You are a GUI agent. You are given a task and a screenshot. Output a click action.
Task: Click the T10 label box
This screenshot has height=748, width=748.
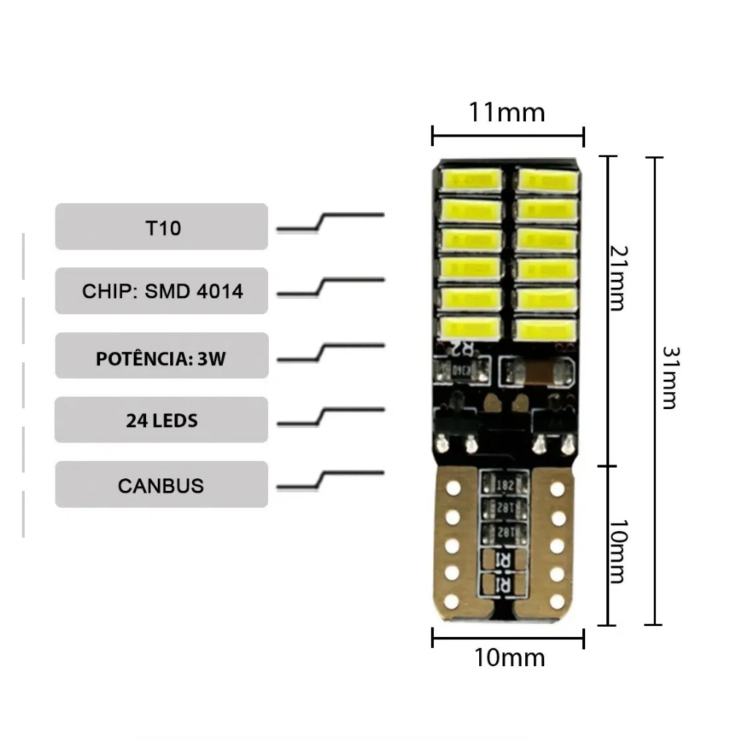point(161,227)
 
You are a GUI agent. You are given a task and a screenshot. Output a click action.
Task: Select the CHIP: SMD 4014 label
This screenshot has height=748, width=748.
point(161,291)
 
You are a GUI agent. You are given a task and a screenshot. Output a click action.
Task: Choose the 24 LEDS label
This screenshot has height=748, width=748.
point(161,421)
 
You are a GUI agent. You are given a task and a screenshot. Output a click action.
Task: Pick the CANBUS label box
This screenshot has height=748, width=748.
point(161,485)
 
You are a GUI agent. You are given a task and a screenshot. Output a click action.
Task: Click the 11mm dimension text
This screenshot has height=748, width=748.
point(507,112)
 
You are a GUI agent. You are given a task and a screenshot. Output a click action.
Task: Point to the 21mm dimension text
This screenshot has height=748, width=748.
point(619,278)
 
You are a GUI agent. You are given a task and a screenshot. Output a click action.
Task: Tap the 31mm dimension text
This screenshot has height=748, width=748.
point(669,377)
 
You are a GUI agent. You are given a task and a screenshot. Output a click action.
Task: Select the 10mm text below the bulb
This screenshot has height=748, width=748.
point(509,657)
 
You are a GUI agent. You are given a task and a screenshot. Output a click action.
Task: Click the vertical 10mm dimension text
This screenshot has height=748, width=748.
point(619,552)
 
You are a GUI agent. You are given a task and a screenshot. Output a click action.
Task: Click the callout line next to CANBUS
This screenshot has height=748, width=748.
point(330,479)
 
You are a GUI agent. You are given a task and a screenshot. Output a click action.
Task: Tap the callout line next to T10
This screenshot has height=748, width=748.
point(330,221)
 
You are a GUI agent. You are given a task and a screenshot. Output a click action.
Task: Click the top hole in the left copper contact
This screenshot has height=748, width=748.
point(454,486)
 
